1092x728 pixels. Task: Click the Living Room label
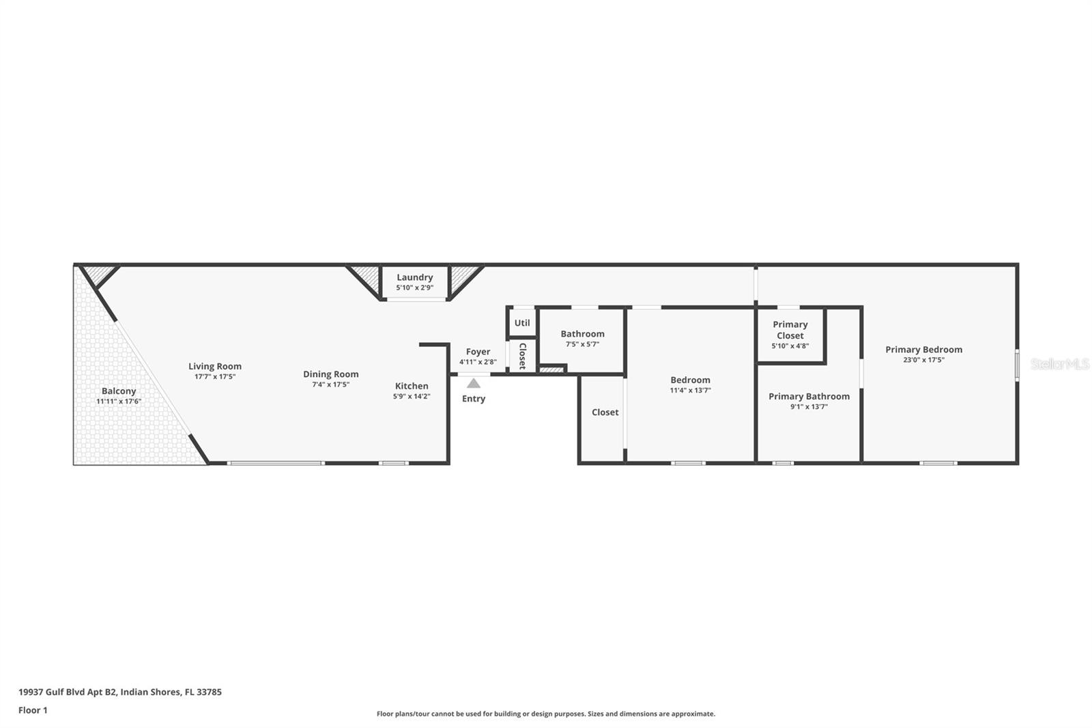point(215,367)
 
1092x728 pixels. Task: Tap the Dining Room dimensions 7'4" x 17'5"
point(331,385)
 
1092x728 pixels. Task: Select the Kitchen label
point(412,386)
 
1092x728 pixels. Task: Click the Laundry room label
point(415,277)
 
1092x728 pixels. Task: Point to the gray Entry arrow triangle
point(474,384)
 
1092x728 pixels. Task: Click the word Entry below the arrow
point(474,399)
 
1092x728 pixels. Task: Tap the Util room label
point(522,323)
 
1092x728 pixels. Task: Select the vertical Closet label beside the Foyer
point(523,356)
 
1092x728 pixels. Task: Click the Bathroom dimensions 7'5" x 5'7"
point(582,345)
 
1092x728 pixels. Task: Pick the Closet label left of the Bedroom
point(605,412)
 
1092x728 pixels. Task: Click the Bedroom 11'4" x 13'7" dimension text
point(690,391)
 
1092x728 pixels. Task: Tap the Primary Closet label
point(790,330)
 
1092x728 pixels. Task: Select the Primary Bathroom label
point(809,396)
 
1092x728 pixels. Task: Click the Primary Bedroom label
point(923,350)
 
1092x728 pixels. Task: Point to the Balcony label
point(119,391)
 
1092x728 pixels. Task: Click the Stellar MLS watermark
point(1059,365)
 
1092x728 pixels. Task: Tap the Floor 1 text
point(33,710)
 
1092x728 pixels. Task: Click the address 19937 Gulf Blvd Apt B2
point(68,692)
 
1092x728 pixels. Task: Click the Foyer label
point(478,352)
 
